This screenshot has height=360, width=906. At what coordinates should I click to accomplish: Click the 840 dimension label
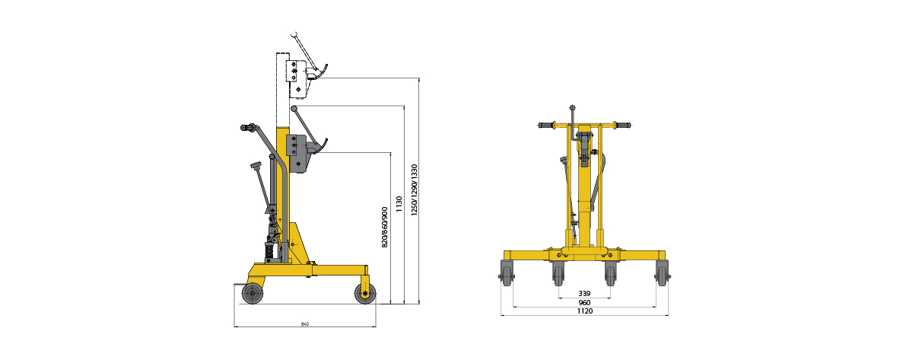pyautogui.click(x=304, y=324)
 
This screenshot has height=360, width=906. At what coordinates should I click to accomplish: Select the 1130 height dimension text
pyautogui.click(x=399, y=204)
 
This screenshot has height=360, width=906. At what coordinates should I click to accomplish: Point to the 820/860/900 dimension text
pyautogui.click(x=385, y=227)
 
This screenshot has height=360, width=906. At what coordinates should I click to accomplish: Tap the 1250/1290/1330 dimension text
pyautogui.click(x=414, y=190)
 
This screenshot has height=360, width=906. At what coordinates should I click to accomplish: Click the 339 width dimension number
pyautogui.click(x=584, y=294)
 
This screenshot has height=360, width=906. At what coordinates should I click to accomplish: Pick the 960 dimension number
pyautogui.click(x=584, y=302)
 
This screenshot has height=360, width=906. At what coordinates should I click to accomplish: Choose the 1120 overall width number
pyautogui.click(x=584, y=311)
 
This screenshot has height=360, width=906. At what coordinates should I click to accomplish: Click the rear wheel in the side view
pyautogui.click(x=253, y=294)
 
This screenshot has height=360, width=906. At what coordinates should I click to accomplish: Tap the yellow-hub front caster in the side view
pyautogui.click(x=365, y=294)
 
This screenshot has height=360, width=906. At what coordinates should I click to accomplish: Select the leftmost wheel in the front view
pyautogui.click(x=507, y=273)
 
